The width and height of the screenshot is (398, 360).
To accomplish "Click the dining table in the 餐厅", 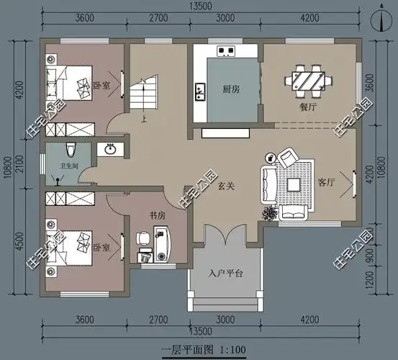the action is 309,81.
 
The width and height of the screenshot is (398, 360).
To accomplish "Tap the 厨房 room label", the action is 231,89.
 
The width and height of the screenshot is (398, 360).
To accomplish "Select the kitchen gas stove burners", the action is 226,51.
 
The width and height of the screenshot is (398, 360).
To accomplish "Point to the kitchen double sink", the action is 200,92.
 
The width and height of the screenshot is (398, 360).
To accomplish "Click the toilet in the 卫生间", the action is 71,150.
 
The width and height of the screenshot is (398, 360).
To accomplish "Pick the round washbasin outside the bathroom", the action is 110,149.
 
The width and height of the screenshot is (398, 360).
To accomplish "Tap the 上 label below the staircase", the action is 144,119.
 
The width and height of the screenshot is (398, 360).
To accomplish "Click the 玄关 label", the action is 226,186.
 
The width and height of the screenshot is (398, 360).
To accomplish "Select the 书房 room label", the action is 158,215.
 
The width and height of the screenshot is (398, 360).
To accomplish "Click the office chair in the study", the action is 143,238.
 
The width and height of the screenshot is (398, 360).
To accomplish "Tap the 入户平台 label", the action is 226,274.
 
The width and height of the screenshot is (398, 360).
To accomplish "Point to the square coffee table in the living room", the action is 294,184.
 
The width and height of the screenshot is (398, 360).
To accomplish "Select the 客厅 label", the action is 326,182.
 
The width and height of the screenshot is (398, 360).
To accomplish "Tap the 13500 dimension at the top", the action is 201,6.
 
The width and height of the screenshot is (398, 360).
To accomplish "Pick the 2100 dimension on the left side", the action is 19,163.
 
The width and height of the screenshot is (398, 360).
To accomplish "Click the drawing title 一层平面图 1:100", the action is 203,350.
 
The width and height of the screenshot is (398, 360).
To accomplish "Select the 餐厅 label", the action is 308,107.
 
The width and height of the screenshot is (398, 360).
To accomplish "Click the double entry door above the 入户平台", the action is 225,234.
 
